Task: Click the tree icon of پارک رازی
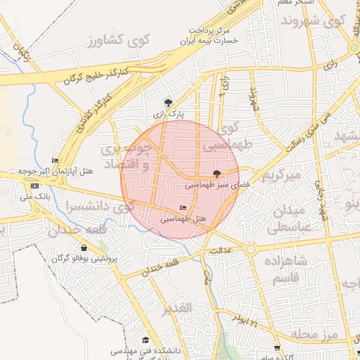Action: [x=167, y=102]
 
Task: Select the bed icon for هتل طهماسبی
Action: [x=184, y=207]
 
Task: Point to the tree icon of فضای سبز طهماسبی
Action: [x=217, y=174]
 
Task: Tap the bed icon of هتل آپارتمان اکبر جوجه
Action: [x=56, y=160]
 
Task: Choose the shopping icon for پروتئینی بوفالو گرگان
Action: [x=84, y=247]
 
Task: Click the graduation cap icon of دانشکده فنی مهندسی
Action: [x=146, y=340]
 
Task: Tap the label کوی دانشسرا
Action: [x=98, y=207]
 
